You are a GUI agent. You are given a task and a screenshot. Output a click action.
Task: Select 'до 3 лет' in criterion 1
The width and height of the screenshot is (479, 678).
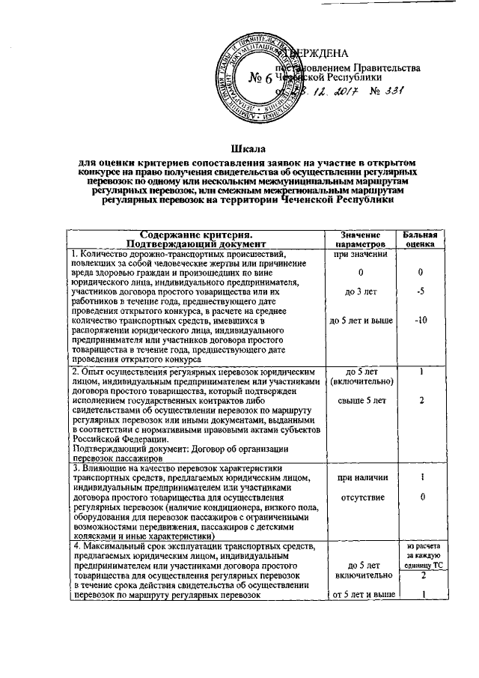360,291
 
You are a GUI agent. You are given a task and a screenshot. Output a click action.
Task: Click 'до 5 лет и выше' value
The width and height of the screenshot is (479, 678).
360,321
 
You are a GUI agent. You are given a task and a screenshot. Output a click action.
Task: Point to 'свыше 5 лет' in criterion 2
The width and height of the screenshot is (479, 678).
360,400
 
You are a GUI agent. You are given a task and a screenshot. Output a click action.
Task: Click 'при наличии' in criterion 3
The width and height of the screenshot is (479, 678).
360,477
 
